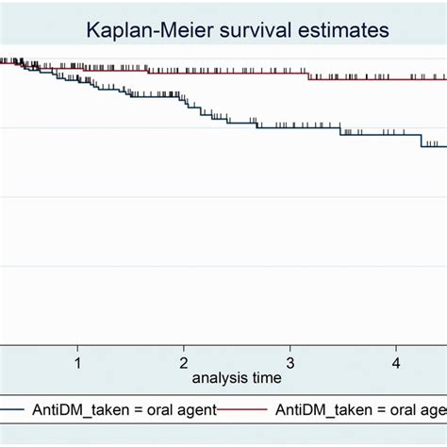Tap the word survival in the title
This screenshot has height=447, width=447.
point(247,30)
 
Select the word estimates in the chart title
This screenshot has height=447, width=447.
point(342,30)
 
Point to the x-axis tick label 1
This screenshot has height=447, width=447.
point(77,362)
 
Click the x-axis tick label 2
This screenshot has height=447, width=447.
point(184,362)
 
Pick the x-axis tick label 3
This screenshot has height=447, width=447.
point(290,362)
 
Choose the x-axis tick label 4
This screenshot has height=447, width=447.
point(397,362)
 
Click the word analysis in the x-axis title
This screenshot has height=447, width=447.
point(219,378)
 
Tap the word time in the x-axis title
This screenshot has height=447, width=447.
point(265,378)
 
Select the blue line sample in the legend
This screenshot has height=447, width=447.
point(11,409)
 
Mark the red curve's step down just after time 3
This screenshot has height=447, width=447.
point(308,76)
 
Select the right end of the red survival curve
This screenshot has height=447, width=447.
point(444,79)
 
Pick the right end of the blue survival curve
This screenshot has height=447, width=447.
point(444,145)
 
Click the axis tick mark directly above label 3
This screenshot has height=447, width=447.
point(290,349)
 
